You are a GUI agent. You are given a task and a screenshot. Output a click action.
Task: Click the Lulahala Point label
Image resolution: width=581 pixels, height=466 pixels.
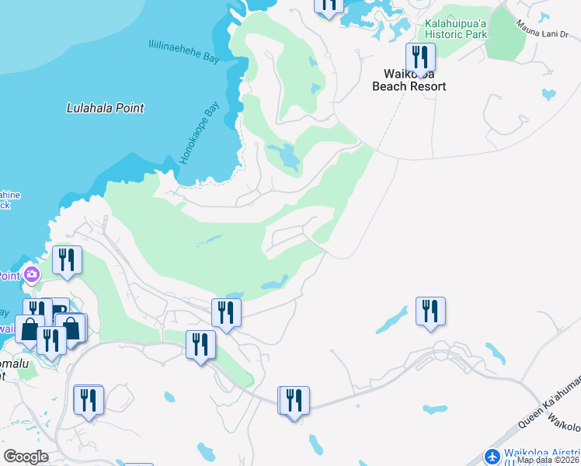click(x=105, y=109)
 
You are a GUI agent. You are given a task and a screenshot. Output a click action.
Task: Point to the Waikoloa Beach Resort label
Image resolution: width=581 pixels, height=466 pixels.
click(x=409, y=80)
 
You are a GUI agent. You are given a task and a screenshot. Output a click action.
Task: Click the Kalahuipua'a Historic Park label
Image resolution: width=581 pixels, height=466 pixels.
click(x=455, y=29)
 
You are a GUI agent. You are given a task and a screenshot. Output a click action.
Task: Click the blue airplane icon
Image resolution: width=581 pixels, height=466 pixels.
click(x=492, y=456)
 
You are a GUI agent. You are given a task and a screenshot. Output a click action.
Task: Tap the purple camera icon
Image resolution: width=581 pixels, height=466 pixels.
click(x=32, y=273)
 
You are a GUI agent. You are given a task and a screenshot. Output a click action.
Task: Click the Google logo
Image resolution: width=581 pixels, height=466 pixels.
click(x=26, y=456)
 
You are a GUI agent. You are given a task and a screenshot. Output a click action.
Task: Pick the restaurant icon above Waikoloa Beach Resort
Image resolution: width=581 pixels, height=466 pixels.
click(x=420, y=57)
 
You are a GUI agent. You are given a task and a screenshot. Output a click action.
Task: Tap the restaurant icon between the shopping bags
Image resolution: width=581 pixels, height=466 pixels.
click(x=50, y=340)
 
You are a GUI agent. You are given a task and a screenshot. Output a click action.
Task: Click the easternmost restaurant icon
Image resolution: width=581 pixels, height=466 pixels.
click(x=430, y=311)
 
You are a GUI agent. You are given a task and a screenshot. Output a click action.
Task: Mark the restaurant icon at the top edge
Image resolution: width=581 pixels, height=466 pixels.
click(x=329, y=5)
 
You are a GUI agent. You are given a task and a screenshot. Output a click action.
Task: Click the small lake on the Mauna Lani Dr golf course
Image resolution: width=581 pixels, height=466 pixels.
click(x=548, y=95)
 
